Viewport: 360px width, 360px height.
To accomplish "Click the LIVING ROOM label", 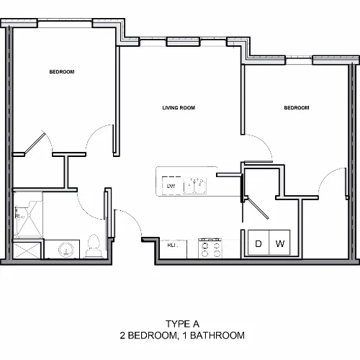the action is [179, 108].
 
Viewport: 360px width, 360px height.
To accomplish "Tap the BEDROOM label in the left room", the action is [62, 72].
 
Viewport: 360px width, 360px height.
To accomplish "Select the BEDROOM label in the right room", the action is [297, 108].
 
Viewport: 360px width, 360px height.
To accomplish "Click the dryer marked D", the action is [258, 243].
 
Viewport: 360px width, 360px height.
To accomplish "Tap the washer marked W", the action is [279, 243].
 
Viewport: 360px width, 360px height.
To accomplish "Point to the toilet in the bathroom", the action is [94, 246].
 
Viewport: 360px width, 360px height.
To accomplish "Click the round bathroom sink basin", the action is [66, 250].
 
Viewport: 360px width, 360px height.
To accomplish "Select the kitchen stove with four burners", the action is [210, 248].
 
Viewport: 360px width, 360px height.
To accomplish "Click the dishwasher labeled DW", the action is [171, 186].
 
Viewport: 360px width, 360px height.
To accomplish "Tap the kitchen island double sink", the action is [194, 186].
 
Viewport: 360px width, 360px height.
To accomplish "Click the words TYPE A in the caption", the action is [182, 324].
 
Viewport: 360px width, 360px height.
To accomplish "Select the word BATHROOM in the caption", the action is [217, 336].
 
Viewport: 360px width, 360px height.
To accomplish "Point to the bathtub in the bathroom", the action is [28, 215].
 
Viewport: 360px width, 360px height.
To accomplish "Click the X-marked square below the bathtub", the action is [27, 251].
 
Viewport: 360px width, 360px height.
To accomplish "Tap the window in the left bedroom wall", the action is [65, 24].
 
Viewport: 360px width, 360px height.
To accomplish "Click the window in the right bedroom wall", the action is [299, 60].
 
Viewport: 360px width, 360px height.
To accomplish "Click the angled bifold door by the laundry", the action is [258, 208].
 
